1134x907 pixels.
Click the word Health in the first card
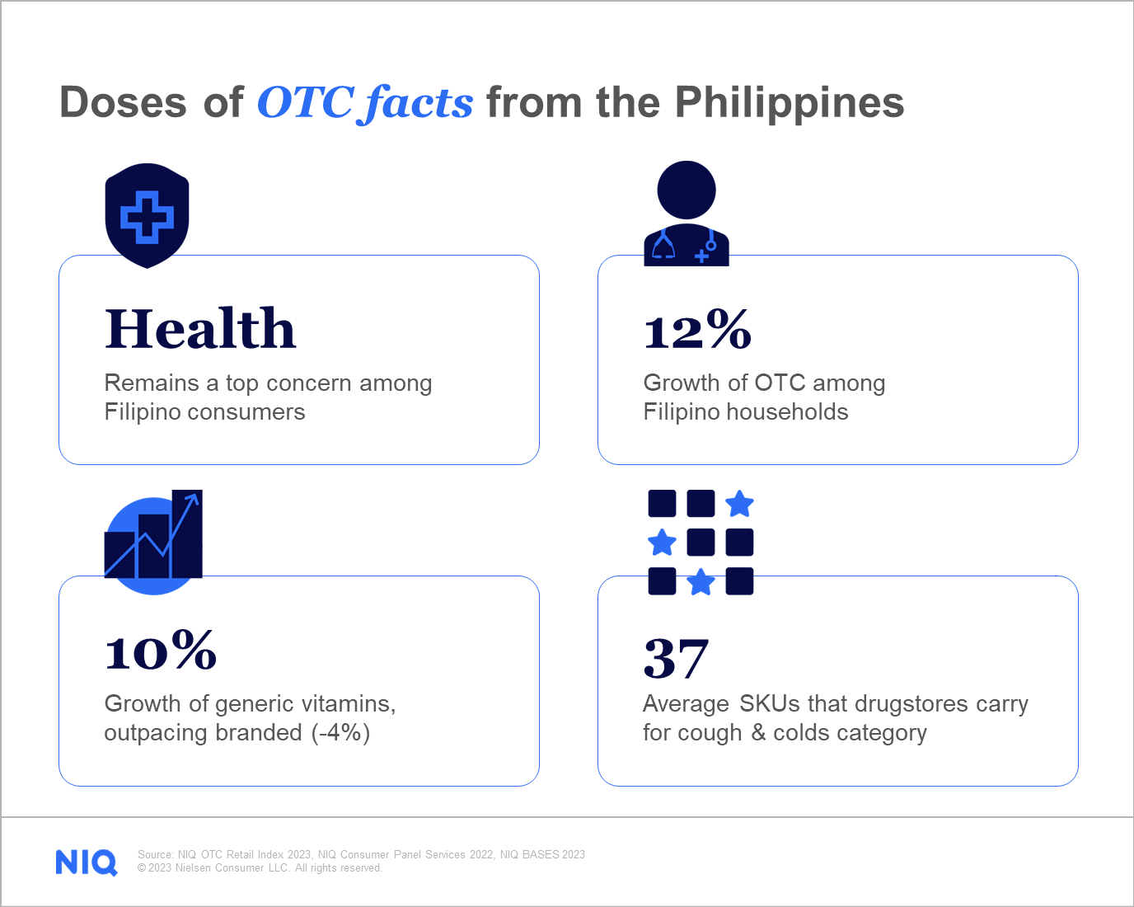point(200,328)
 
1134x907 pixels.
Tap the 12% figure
point(697,330)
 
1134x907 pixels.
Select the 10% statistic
point(161,651)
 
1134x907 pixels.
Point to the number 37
point(676,658)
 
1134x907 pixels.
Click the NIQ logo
point(87,862)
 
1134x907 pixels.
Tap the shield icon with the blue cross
point(147,216)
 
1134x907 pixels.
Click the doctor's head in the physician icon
point(686,190)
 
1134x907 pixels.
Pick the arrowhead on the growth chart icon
point(193,498)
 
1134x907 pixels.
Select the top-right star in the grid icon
point(739,503)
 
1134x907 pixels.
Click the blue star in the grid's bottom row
point(701,581)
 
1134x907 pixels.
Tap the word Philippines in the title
point(789,103)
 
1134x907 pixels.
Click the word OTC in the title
point(306,103)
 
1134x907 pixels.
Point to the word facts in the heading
point(419,103)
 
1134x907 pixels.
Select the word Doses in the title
point(124,103)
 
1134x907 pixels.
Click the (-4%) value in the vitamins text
point(340,732)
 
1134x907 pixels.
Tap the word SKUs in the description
point(770,703)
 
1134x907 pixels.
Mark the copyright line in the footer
point(260,868)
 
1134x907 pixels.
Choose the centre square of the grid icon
point(701,543)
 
